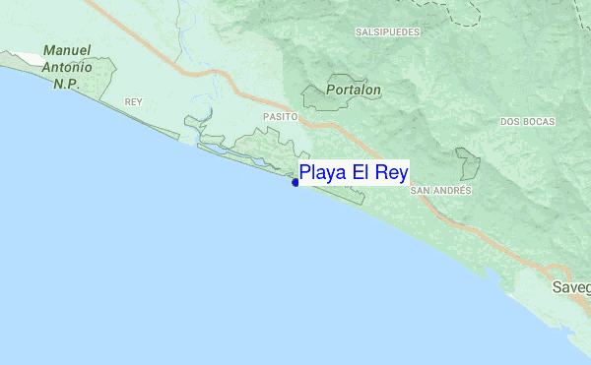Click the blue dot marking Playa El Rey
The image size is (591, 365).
(295, 182)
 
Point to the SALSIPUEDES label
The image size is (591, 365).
(388, 32)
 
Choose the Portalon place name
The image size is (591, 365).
(356, 89)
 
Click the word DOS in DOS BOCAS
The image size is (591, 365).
(509, 122)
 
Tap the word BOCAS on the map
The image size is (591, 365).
(538, 122)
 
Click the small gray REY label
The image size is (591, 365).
(134, 102)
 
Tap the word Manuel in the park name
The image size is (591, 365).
(68, 50)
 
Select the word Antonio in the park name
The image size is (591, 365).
(67, 67)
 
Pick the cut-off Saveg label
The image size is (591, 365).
(570, 287)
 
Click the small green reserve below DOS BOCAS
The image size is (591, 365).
(468, 162)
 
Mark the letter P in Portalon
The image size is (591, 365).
(334, 89)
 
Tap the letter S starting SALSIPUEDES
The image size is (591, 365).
(358, 32)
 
